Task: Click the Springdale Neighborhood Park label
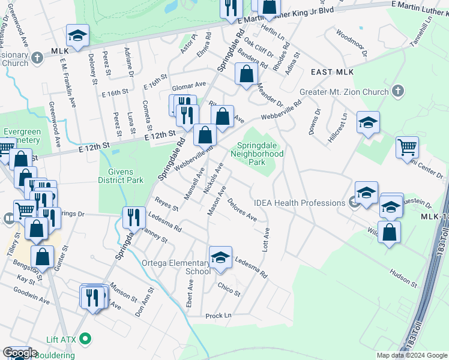tap(260, 154)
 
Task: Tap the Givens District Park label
tap(121, 175)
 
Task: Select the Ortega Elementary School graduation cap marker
tap(220, 258)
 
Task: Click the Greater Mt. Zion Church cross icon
tap(396, 91)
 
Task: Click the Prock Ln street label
tap(218, 316)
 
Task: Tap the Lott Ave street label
tap(265, 238)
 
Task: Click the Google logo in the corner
tap(20, 353)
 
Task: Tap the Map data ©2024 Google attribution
tap(412, 355)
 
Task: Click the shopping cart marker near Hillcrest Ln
tap(407, 147)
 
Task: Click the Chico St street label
tap(229, 290)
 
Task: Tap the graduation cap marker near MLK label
tap(77, 37)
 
